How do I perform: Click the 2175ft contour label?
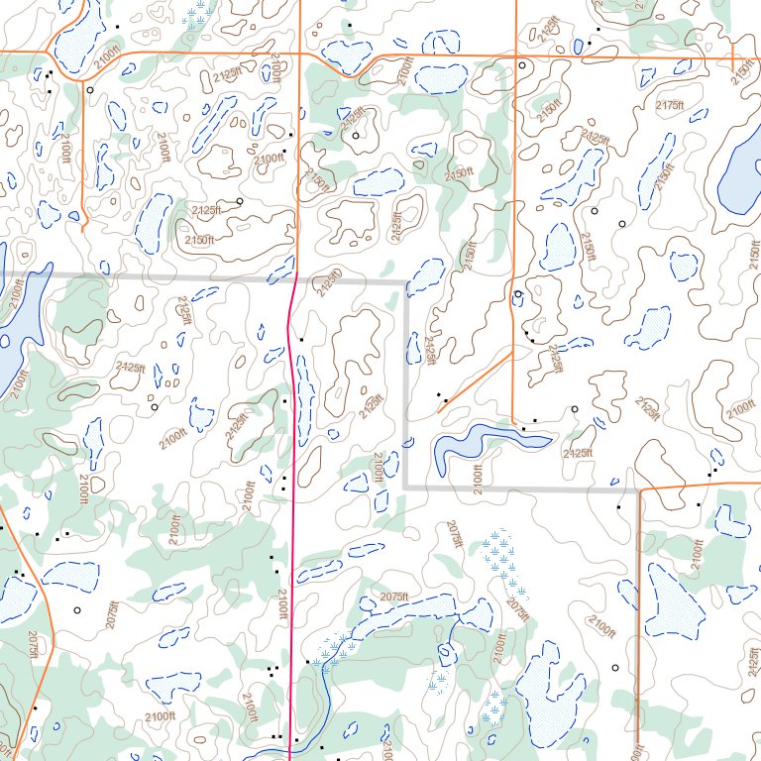pos(670,105)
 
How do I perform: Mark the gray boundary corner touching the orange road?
pos(637,489)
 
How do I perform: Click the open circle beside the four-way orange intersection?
pos(522,65)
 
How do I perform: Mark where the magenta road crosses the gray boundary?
pos(296,280)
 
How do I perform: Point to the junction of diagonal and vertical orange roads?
pos(512,350)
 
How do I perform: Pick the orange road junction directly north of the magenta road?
pos(299,54)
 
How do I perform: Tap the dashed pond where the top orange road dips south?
pos(344,57)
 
